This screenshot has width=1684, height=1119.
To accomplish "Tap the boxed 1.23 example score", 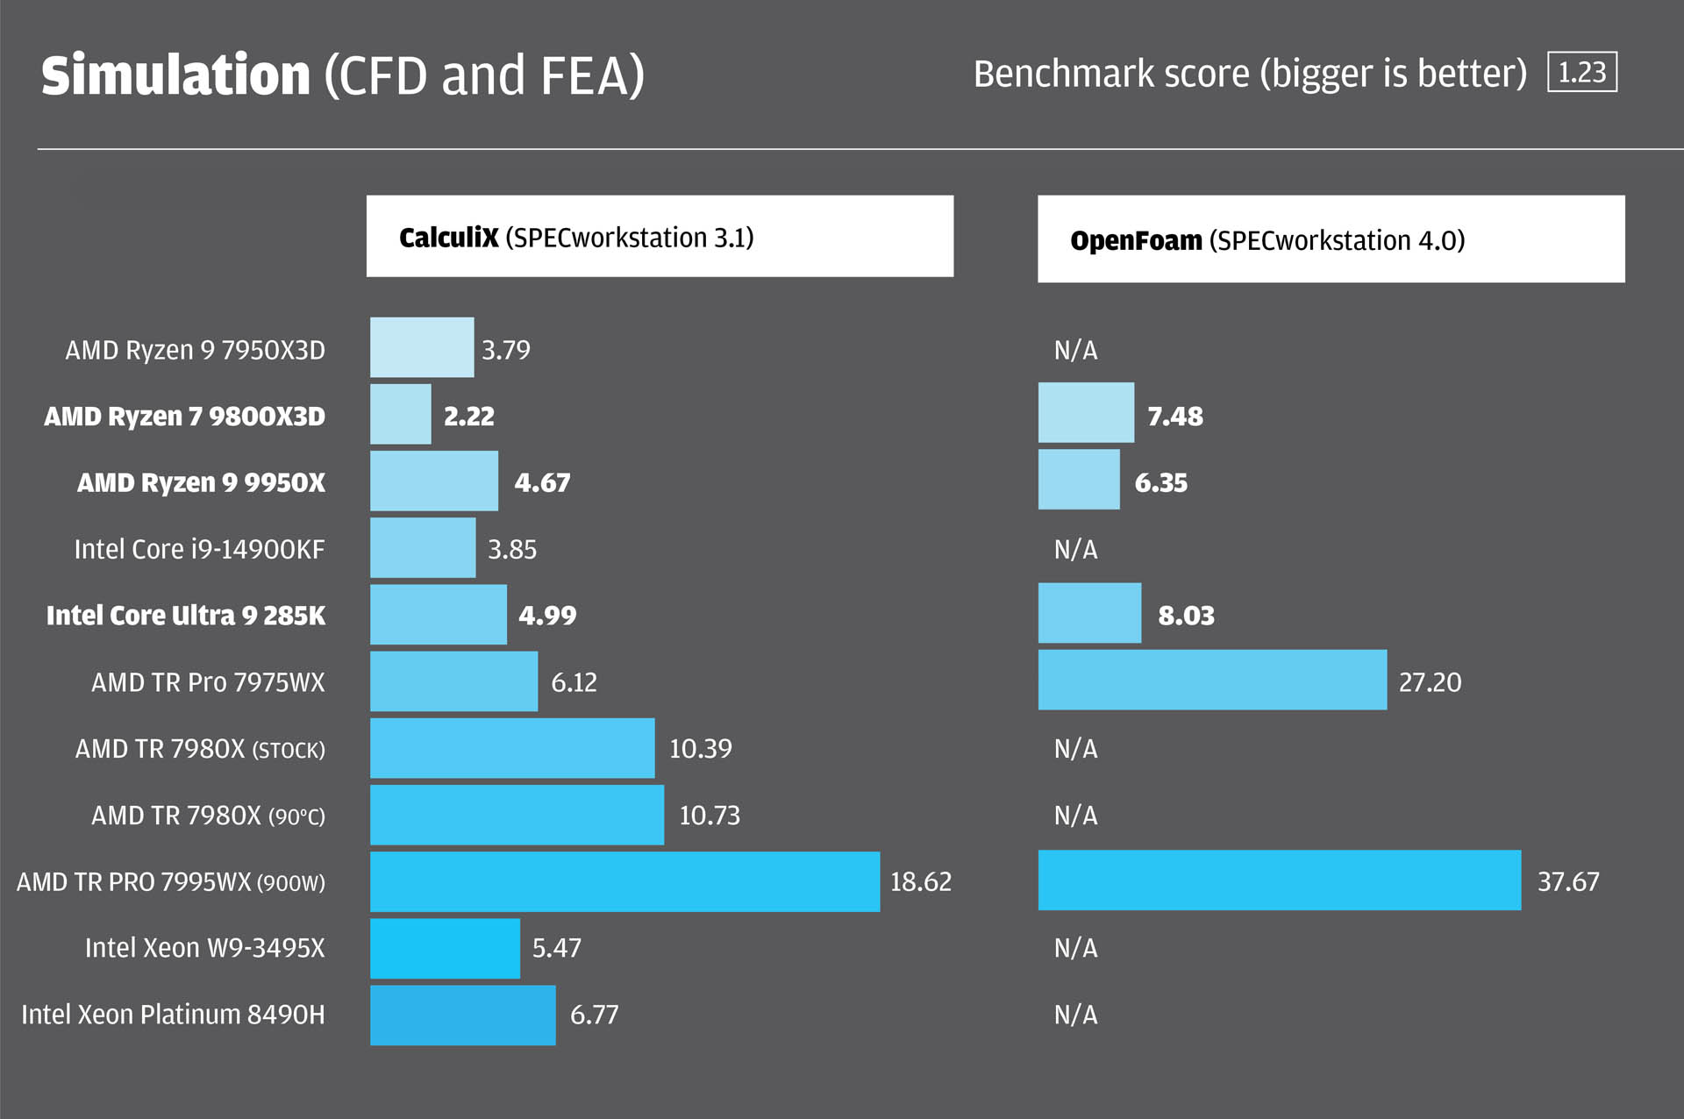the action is coord(1582,72).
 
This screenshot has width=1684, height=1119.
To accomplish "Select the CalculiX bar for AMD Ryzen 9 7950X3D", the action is coord(422,347).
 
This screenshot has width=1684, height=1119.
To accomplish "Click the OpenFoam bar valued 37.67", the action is coord(1280,880).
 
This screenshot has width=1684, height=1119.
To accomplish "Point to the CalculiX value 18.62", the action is coord(921,881).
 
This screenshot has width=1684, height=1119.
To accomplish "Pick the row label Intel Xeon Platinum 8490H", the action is coord(173,1015).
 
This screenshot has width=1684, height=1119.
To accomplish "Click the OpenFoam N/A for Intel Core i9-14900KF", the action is coord(1076,549).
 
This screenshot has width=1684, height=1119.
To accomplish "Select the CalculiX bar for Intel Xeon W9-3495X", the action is coord(445,948).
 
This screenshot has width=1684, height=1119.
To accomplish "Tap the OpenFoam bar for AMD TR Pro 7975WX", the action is coord(1213,680).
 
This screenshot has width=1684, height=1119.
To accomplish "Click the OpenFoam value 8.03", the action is coord(1187,616).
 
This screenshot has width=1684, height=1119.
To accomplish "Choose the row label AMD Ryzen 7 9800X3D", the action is coord(185,416).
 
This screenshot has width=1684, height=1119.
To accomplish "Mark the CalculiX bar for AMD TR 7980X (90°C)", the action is coord(517,815).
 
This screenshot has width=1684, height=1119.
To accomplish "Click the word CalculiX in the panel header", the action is coord(448,238).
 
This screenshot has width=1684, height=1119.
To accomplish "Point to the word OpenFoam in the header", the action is coord(1136,240).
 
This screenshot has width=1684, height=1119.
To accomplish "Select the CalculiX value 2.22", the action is coord(469,416).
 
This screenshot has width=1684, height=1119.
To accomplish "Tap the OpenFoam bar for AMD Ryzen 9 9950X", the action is coord(1079,480).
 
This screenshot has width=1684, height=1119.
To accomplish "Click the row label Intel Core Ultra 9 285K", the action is coord(186,616).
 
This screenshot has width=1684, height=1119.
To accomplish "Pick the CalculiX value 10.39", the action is coord(701,748).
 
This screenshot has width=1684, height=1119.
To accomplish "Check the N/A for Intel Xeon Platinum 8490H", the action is coord(1076,1015).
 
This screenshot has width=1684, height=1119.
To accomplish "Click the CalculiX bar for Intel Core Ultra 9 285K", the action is coord(439,615).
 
